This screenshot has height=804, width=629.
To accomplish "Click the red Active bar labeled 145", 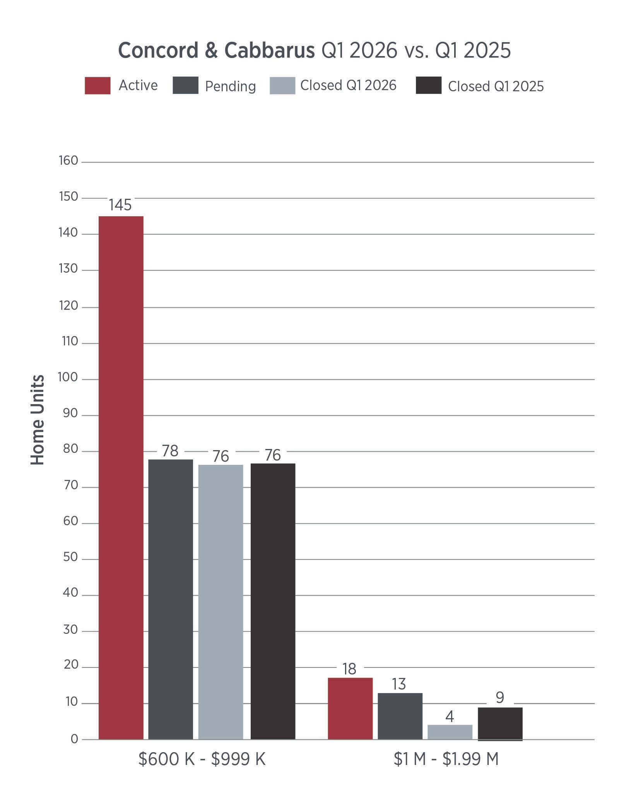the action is point(121,478).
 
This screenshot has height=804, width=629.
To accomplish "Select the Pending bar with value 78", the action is point(171,599).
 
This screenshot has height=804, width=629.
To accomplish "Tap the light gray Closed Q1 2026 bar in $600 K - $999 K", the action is point(221,602).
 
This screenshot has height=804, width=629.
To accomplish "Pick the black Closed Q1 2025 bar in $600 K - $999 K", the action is point(273,601).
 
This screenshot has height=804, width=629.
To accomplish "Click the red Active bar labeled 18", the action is point(350,708).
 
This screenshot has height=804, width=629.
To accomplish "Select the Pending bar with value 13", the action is point(400,716).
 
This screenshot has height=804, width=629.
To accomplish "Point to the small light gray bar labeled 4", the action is point(450,732).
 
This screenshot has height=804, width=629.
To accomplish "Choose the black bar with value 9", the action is point(500,724).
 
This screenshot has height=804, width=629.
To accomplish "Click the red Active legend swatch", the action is point(97,85).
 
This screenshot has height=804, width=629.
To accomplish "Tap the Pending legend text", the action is point(231,86).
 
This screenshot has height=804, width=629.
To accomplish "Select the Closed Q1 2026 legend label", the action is point(348,85).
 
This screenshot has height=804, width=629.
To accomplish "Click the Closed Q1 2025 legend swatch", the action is point(429,85).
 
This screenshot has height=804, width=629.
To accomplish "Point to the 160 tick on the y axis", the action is point(68,161).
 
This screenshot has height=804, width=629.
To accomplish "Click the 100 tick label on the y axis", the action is point(68,377).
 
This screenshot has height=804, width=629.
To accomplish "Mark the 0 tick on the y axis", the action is point(74,739).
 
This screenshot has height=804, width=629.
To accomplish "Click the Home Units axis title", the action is point(38,420).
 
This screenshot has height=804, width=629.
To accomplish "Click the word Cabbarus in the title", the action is point(270,50).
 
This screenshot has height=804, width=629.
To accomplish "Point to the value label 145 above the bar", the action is point(120,205).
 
